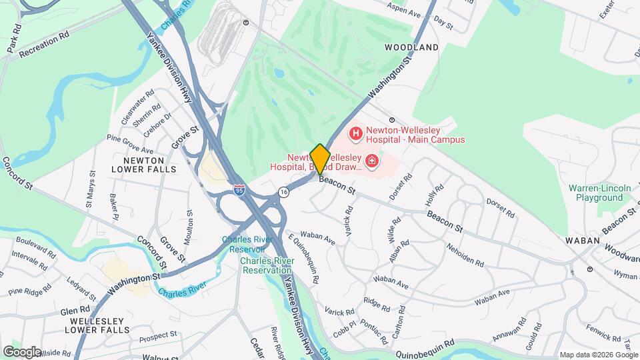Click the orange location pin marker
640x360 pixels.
[x=320, y=159]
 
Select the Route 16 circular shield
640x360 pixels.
[x=284, y=192]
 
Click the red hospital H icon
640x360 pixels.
[x=355, y=134]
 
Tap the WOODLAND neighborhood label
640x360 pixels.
[x=412, y=47]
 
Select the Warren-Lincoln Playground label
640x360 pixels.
[x=600, y=193]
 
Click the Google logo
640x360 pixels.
[x=22, y=351]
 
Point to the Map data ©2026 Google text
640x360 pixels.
[x=597, y=355]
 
